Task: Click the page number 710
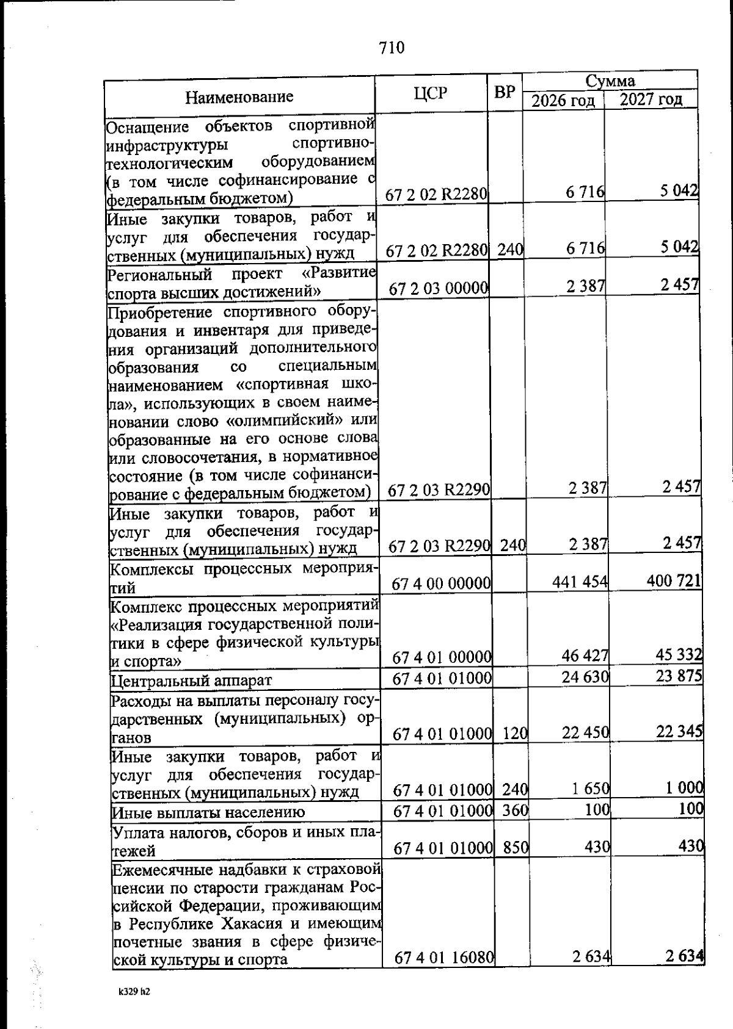(x=392, y=48)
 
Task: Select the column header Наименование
(x=239, y=96)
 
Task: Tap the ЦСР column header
(x=431, y=93)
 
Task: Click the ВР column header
(x=505, y=93)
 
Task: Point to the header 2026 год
(x=563, y=100)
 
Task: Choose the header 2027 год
(x=651, y=99)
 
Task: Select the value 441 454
(x=580, y=582)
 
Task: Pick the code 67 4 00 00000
(x=442, y=583)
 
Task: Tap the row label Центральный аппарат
(x=191, y=680)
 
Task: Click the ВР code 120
(x=514, y=733)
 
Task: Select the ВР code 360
(x=515, y=811)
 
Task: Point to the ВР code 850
(x=516, y=847)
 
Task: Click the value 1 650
(x=591, y=789)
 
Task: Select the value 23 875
(x=679, y=676)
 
